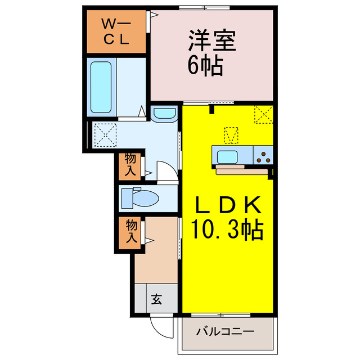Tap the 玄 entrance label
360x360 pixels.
click(156, 300)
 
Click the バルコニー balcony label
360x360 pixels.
click(225, 332)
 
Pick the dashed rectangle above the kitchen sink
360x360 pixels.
click(231, 136)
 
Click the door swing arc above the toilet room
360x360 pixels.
click(166, 172)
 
